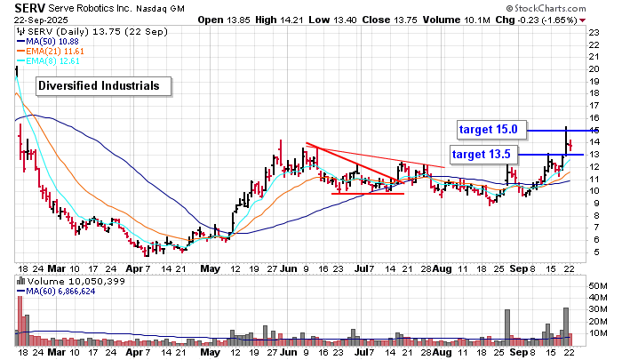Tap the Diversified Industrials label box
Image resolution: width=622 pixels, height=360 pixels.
(x=98, y=86)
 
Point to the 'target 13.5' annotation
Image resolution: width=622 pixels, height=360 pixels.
(x=481, y=154)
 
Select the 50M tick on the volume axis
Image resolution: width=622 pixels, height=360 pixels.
(x=597, y=286)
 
